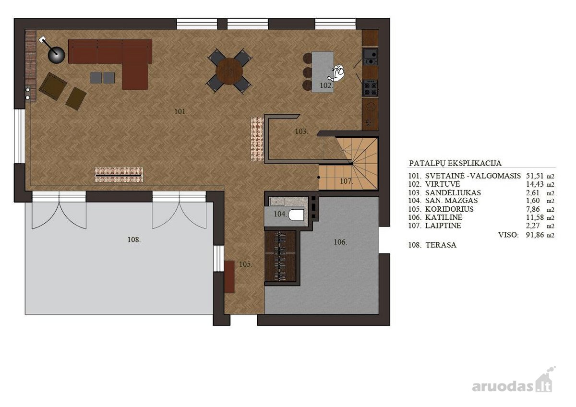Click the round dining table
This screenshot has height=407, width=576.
[x=229, y=71]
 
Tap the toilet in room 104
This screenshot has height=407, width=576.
[x=296, y=215]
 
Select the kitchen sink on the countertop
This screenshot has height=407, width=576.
[x=370, y=57]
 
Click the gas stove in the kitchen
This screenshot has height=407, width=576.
[x=370, y=88]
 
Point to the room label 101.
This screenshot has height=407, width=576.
[x=181, y=111]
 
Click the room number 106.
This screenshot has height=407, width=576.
[x=340, y=242]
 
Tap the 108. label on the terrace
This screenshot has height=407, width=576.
[x=134, y=239]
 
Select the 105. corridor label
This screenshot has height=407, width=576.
[x=246, y=264]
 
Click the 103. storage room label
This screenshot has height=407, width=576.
[x=301, y=132]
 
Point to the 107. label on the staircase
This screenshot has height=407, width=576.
[x=347, y=181]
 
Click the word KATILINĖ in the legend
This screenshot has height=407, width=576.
[x=444, y=217]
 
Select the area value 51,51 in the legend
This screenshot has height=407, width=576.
[x=535, y=176]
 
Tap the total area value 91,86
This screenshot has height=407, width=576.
[x=535, y=235]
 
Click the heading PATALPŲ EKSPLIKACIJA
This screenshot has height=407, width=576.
[x=455, y=163]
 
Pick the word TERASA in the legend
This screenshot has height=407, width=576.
[x=441, y=245]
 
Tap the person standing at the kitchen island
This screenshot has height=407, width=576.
[x=337, y=72]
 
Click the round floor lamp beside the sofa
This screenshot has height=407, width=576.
[x=56, y=55]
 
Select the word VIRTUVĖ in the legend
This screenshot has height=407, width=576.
[x=443, y=184]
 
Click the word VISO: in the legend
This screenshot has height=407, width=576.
[x=508, y=235]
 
